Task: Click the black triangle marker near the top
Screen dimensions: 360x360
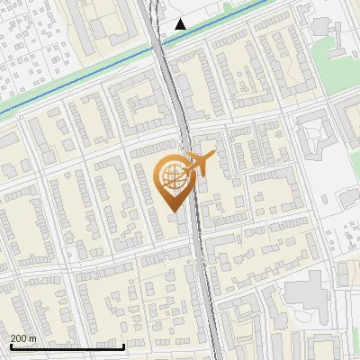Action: tap(181, 24)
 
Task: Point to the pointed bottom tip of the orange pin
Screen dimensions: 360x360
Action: tap(172, 211)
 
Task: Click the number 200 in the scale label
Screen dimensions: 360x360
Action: tap(19, 338)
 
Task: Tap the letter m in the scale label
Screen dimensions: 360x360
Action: tap(33, 338)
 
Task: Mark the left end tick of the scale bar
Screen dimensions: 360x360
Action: tap(10, 345)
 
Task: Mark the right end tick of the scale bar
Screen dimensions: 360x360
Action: tap(123, 345)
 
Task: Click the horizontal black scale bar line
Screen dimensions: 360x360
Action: tap(67, 346)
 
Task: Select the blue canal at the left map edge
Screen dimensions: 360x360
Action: tap(3, 113)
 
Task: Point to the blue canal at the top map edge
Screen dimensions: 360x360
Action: tap(267, 3)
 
